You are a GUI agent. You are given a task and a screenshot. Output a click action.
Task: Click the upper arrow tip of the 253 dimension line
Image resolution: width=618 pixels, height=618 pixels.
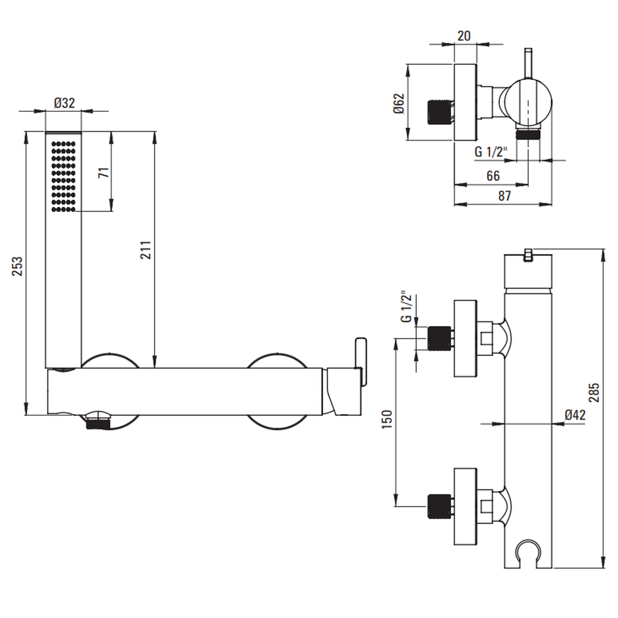pos(27,132)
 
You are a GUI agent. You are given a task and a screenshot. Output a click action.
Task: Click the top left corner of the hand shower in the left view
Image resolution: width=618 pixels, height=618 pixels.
pos(46,132)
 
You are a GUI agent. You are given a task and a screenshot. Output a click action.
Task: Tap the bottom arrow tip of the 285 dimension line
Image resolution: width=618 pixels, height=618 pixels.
pos(603,568)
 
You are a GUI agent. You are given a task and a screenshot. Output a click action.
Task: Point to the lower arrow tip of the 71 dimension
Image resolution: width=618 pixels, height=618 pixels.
pos(111,211)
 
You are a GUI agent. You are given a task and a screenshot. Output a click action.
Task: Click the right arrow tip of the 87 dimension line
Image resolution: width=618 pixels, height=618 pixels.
pos(552,204)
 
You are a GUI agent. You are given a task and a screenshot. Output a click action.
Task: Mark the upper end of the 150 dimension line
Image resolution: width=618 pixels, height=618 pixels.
pos(396,339)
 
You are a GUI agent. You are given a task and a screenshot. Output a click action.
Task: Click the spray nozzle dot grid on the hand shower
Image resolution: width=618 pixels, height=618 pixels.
pos(64,176)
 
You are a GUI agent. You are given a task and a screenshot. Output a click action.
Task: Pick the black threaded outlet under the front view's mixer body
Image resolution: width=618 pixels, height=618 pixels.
pos(98,424)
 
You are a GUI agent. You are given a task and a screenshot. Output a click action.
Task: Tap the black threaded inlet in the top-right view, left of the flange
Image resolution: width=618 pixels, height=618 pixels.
pos(439,112)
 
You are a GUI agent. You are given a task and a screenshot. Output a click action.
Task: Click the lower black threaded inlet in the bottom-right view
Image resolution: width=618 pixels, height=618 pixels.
pos(439,506)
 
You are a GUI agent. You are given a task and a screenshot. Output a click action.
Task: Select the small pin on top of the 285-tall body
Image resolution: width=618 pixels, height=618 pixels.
pos(528,255)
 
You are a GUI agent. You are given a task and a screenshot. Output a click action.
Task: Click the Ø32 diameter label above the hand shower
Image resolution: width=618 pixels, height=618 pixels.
pos(64,103)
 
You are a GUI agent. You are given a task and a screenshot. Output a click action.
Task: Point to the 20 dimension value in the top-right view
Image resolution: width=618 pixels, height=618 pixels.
pos(464,36)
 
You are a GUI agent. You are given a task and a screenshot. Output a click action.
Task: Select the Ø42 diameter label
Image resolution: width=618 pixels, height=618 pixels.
pos(575,415)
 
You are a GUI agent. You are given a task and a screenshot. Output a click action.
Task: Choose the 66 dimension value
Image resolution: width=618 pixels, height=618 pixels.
pos(493,176)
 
